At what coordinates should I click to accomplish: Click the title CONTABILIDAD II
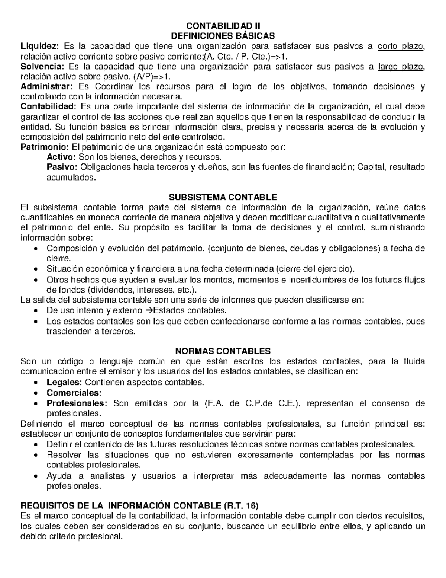coord(223,26)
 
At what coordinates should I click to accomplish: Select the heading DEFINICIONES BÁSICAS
coord(223,36)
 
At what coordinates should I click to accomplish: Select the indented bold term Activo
coord(61,157)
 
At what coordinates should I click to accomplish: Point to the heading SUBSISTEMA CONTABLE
coord(223,197)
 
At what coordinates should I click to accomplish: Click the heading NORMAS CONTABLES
coord(223,351)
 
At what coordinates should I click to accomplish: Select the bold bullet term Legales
coord(64,382)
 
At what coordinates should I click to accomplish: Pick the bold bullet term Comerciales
coord(74,393)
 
